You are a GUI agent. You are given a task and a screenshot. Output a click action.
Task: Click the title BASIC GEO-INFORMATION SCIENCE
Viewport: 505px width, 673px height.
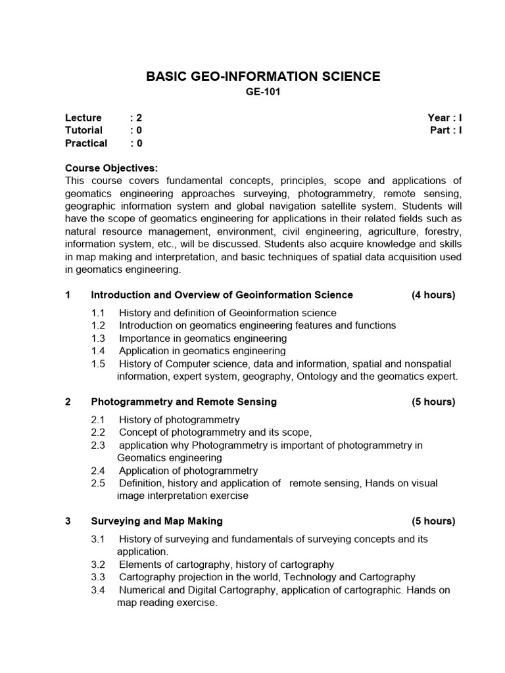pyautogui.click(x=262, y=76)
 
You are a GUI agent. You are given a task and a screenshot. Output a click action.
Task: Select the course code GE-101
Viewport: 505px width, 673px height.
pyautogui.click(x=262, y=93)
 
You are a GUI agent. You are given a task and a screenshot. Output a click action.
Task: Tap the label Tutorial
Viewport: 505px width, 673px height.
pyautogui.click(x=84, y=130)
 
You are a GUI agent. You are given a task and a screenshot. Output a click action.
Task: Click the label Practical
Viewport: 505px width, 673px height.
pyautogui.click(x=85, y=143)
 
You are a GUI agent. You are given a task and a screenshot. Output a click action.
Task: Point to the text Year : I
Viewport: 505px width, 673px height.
pyautogui.click(x=445, y=118)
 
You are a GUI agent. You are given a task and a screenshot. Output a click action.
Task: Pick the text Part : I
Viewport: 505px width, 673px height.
pyautogui.click(x=446, y=130)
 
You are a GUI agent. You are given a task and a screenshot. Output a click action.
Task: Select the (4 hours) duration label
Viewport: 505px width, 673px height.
pyautogui.click(x=433, y=294)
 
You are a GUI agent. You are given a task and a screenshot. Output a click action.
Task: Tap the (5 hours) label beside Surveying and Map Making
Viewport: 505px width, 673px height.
pyautogui.click(x=433, y=521)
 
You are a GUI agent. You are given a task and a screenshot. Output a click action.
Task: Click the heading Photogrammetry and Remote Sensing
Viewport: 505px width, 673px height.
pyautogui.click(x=183, y=402)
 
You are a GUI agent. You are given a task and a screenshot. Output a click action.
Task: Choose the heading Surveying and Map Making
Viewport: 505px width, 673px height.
pyautogui.click(x=156, y=521)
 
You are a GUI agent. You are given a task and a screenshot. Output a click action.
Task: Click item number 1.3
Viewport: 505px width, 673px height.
pyautogui.click(x=98, y=338)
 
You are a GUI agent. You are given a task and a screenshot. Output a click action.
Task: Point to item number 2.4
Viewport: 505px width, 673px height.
pyautogui.click(x=98, y=471)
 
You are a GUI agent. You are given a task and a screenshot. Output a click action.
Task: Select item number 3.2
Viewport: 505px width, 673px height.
pyautogui.click(x=98, y=565)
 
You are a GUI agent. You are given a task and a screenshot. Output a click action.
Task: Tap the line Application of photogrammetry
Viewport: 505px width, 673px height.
pyautogui.click(x=188, y=471)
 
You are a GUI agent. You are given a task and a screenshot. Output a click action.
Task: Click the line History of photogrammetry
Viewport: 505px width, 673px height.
pyautogui.click(x=179, y=419)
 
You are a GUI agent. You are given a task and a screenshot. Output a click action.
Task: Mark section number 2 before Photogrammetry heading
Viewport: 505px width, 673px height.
pyautogui.click(x=68, y=402)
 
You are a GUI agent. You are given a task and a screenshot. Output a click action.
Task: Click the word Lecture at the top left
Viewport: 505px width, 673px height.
pyautogui.click(x=83, y=118)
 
